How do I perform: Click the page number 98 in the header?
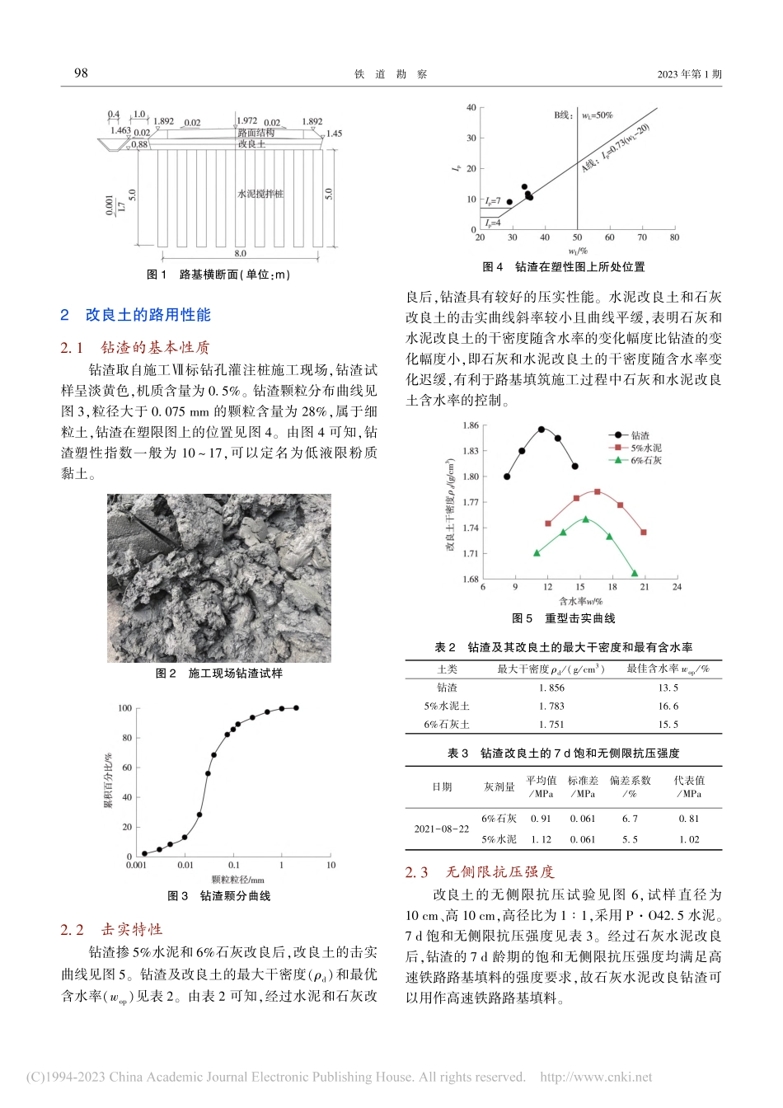[81, 73]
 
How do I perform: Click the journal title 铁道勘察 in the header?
[391, 74]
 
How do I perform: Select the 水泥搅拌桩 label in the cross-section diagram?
[260, 194]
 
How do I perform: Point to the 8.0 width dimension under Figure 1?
[240, 254]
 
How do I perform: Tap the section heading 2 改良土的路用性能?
[136, 315]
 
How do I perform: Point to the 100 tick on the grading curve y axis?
[124, 708]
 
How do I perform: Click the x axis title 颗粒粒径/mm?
[237, 880]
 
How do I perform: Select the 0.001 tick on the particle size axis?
[136, 865]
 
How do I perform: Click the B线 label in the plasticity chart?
[564, 115]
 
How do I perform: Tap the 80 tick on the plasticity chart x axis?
[674, 237]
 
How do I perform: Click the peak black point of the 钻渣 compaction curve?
[542, 429]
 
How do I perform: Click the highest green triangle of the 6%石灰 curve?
[586, 519]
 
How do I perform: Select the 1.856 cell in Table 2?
[551, 688]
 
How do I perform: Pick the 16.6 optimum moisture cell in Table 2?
[668, 707]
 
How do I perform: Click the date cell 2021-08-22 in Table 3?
[442, 829]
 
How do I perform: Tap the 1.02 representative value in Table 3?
[688, 839]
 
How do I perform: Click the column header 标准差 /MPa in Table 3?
[583, 786]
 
